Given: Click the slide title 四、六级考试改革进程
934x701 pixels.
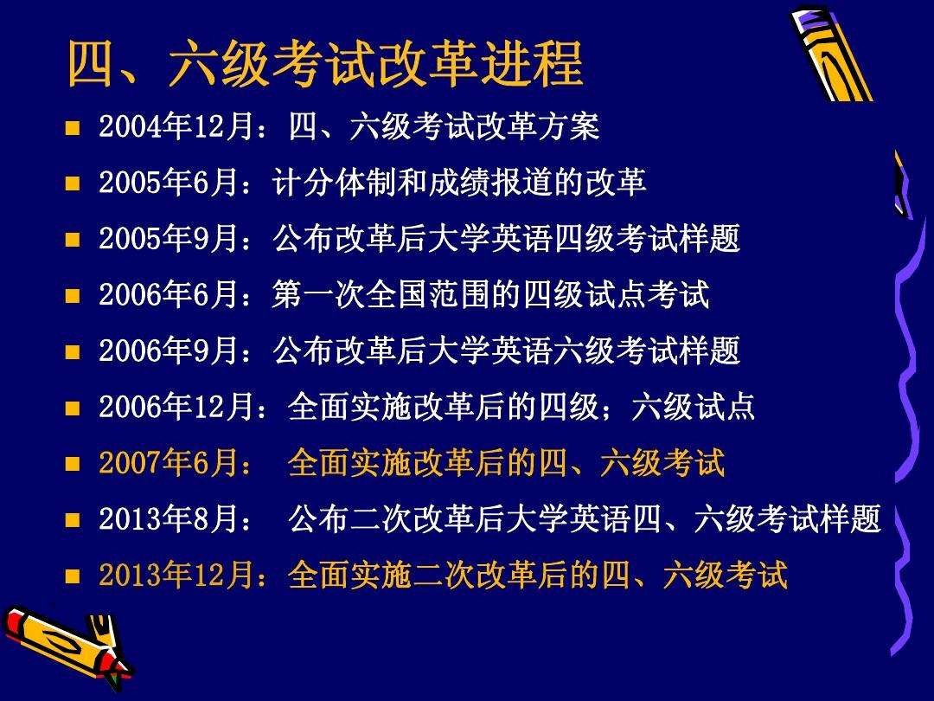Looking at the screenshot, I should pyautogui.click(x=325, y=65).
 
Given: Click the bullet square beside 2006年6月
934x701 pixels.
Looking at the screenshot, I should pyautogui.click(x=73, y=296).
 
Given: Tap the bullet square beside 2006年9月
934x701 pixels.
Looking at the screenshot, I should pyautogui.click(x=73, y=352).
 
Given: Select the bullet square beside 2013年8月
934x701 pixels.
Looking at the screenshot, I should pyautogui.click(x=73, y=520).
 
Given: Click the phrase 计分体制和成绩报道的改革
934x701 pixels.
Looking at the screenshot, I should pyautogui.click(x=459, y=183).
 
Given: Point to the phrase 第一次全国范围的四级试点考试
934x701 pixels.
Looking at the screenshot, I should pyautogui.click(x=490, y=296).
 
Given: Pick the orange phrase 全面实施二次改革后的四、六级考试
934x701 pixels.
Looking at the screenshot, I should pyautogui.click(x=537, y=576).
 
